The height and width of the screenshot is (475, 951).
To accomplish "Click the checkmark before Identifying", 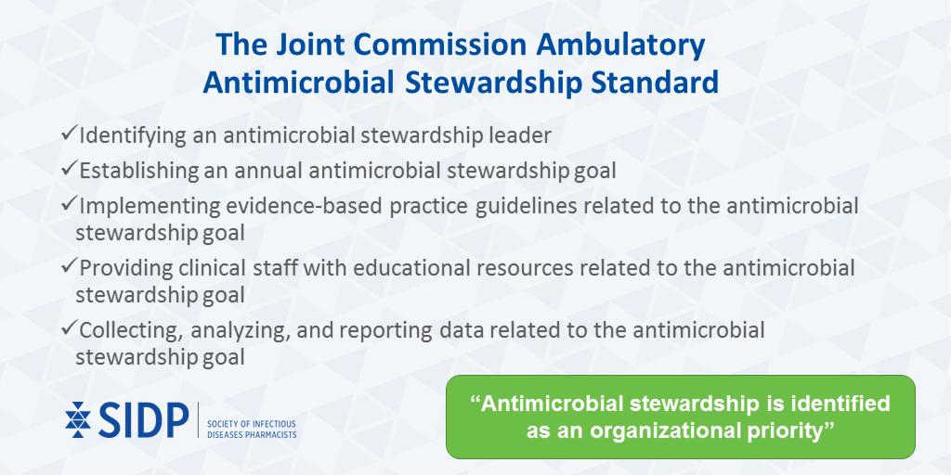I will (69, 135).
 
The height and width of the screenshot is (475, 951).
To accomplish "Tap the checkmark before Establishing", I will (69, 170).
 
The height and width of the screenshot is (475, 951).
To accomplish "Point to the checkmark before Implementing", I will (69, 205).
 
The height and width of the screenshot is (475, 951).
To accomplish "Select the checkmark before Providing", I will (69, 267).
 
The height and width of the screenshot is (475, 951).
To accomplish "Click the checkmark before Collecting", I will (69, 329).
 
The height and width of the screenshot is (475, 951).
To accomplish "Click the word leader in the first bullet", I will (519, 135).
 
